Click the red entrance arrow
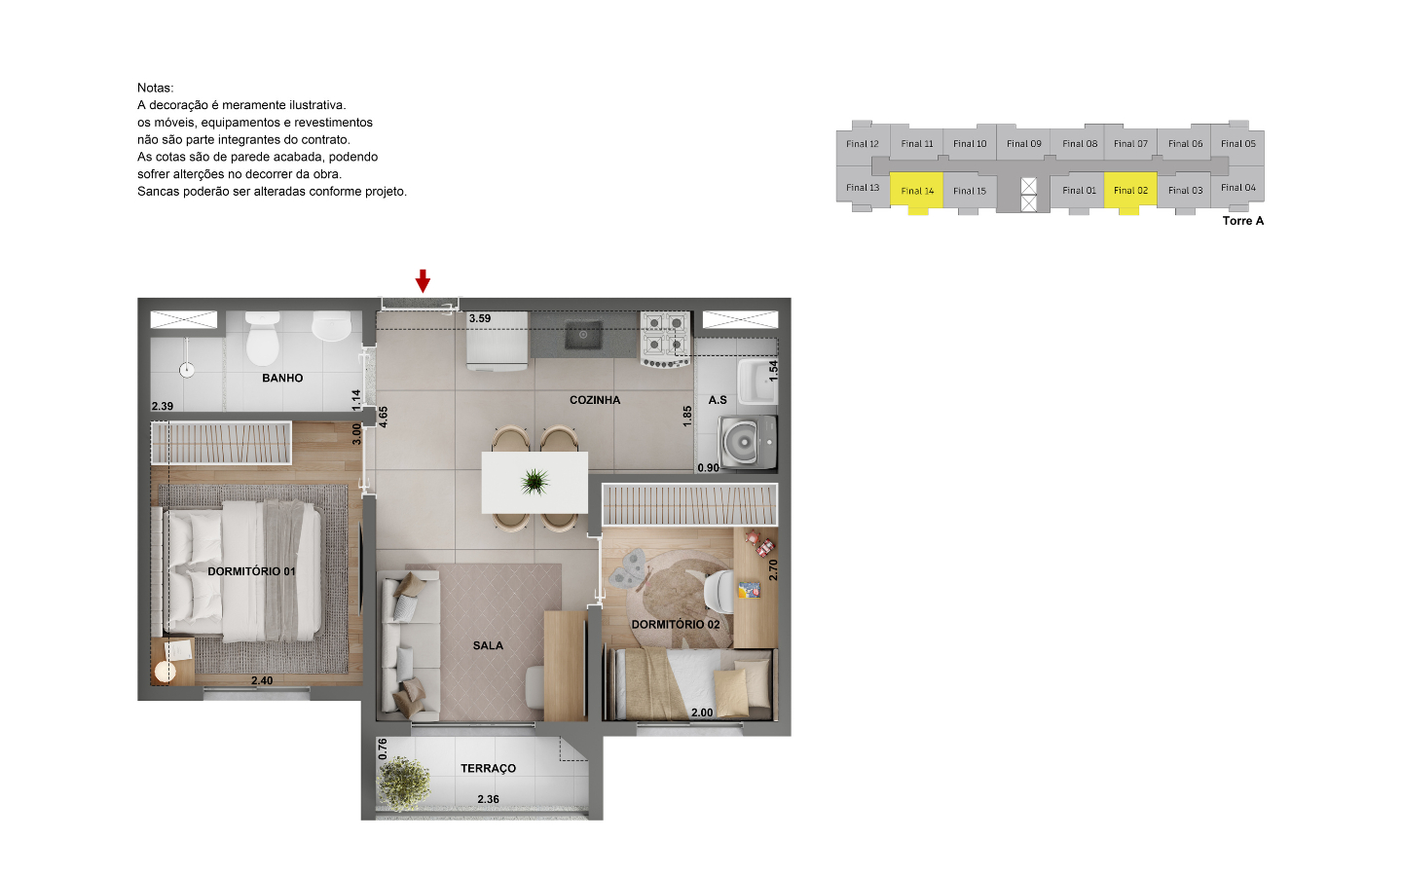[423, 280]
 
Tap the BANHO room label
[282, 378]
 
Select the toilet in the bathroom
[263, 339]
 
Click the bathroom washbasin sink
[332, 326]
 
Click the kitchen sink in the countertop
[583, 336]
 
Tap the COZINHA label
[595, 400]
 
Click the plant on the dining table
[535, 480]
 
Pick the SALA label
[488, 645]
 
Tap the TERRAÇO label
[488, 768]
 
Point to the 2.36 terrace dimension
[488, 799]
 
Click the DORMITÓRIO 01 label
[251, 571]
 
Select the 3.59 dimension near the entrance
[480, 318]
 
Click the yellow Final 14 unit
[917, 191]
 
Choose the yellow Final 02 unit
[1130, 190]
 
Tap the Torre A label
[1242, 221]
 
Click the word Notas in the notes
[155, 88]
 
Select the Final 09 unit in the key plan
[1023, 143]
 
